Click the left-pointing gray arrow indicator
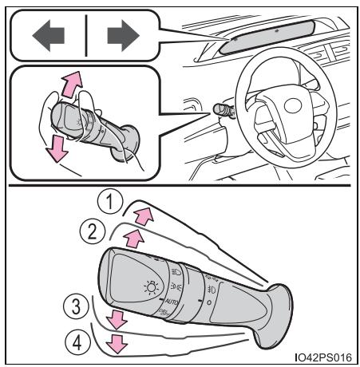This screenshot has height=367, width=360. coord(48,36)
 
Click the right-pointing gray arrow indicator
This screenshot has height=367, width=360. coord(123,36)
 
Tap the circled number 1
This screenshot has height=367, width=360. coord(110,202)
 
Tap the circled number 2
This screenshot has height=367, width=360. coord(93,231)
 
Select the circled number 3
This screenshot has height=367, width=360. coord(76,306)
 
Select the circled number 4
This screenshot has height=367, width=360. coord(77,342)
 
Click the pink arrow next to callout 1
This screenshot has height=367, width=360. coord(144,216)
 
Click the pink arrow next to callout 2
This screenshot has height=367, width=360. coord(134,239)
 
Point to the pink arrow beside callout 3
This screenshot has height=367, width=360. coord(117,319)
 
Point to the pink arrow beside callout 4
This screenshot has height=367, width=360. coord(117,344)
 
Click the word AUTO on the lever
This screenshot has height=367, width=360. coord(172,302)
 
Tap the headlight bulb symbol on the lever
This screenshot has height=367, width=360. coord(151,287)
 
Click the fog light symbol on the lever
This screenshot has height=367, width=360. coord(212,289)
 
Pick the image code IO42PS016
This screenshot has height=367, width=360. coord(323,357)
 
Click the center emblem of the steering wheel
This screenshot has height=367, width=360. coord(293,106)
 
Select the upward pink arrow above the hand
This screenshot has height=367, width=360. coord(72,84)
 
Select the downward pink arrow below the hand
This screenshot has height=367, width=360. coord(57,148)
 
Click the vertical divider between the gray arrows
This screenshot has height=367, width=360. coord(86,36)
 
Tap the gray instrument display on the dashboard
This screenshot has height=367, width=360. coord(267,37)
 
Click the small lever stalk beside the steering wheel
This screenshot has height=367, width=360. coord(224,110)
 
